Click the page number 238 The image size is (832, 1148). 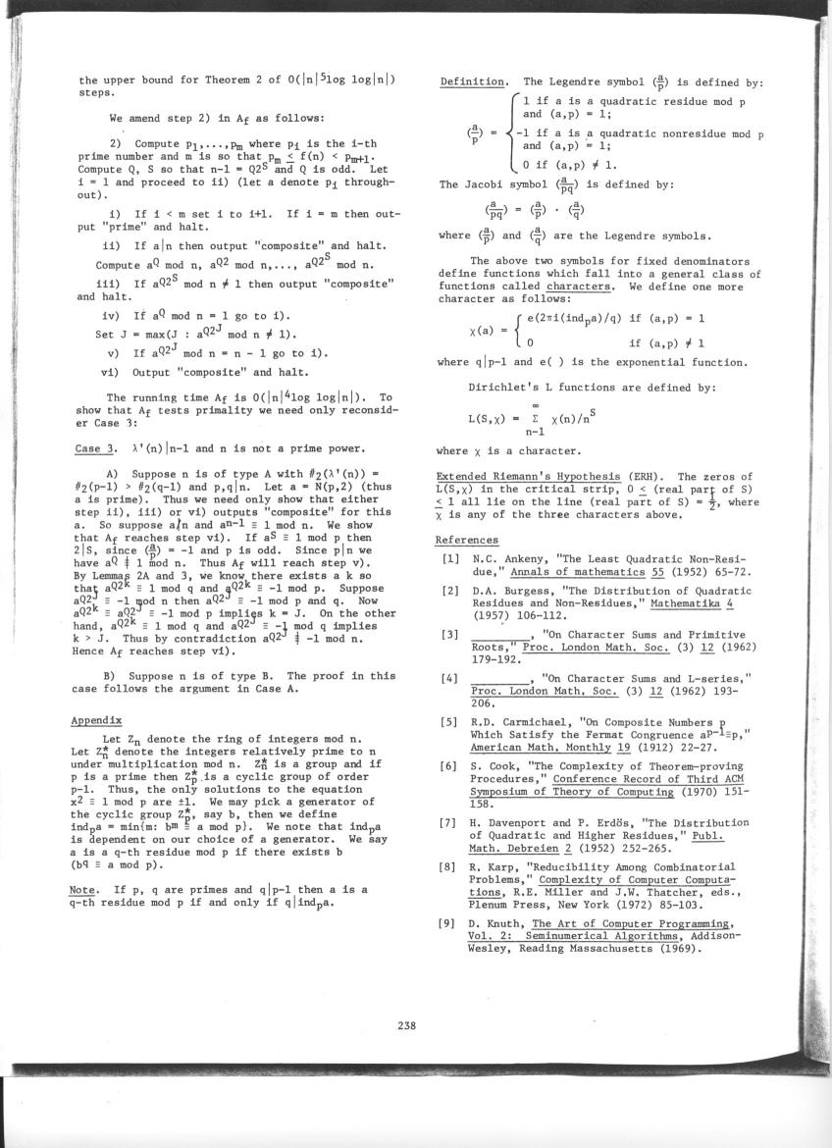408,1027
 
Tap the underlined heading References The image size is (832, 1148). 467,540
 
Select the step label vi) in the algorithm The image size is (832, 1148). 110,372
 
